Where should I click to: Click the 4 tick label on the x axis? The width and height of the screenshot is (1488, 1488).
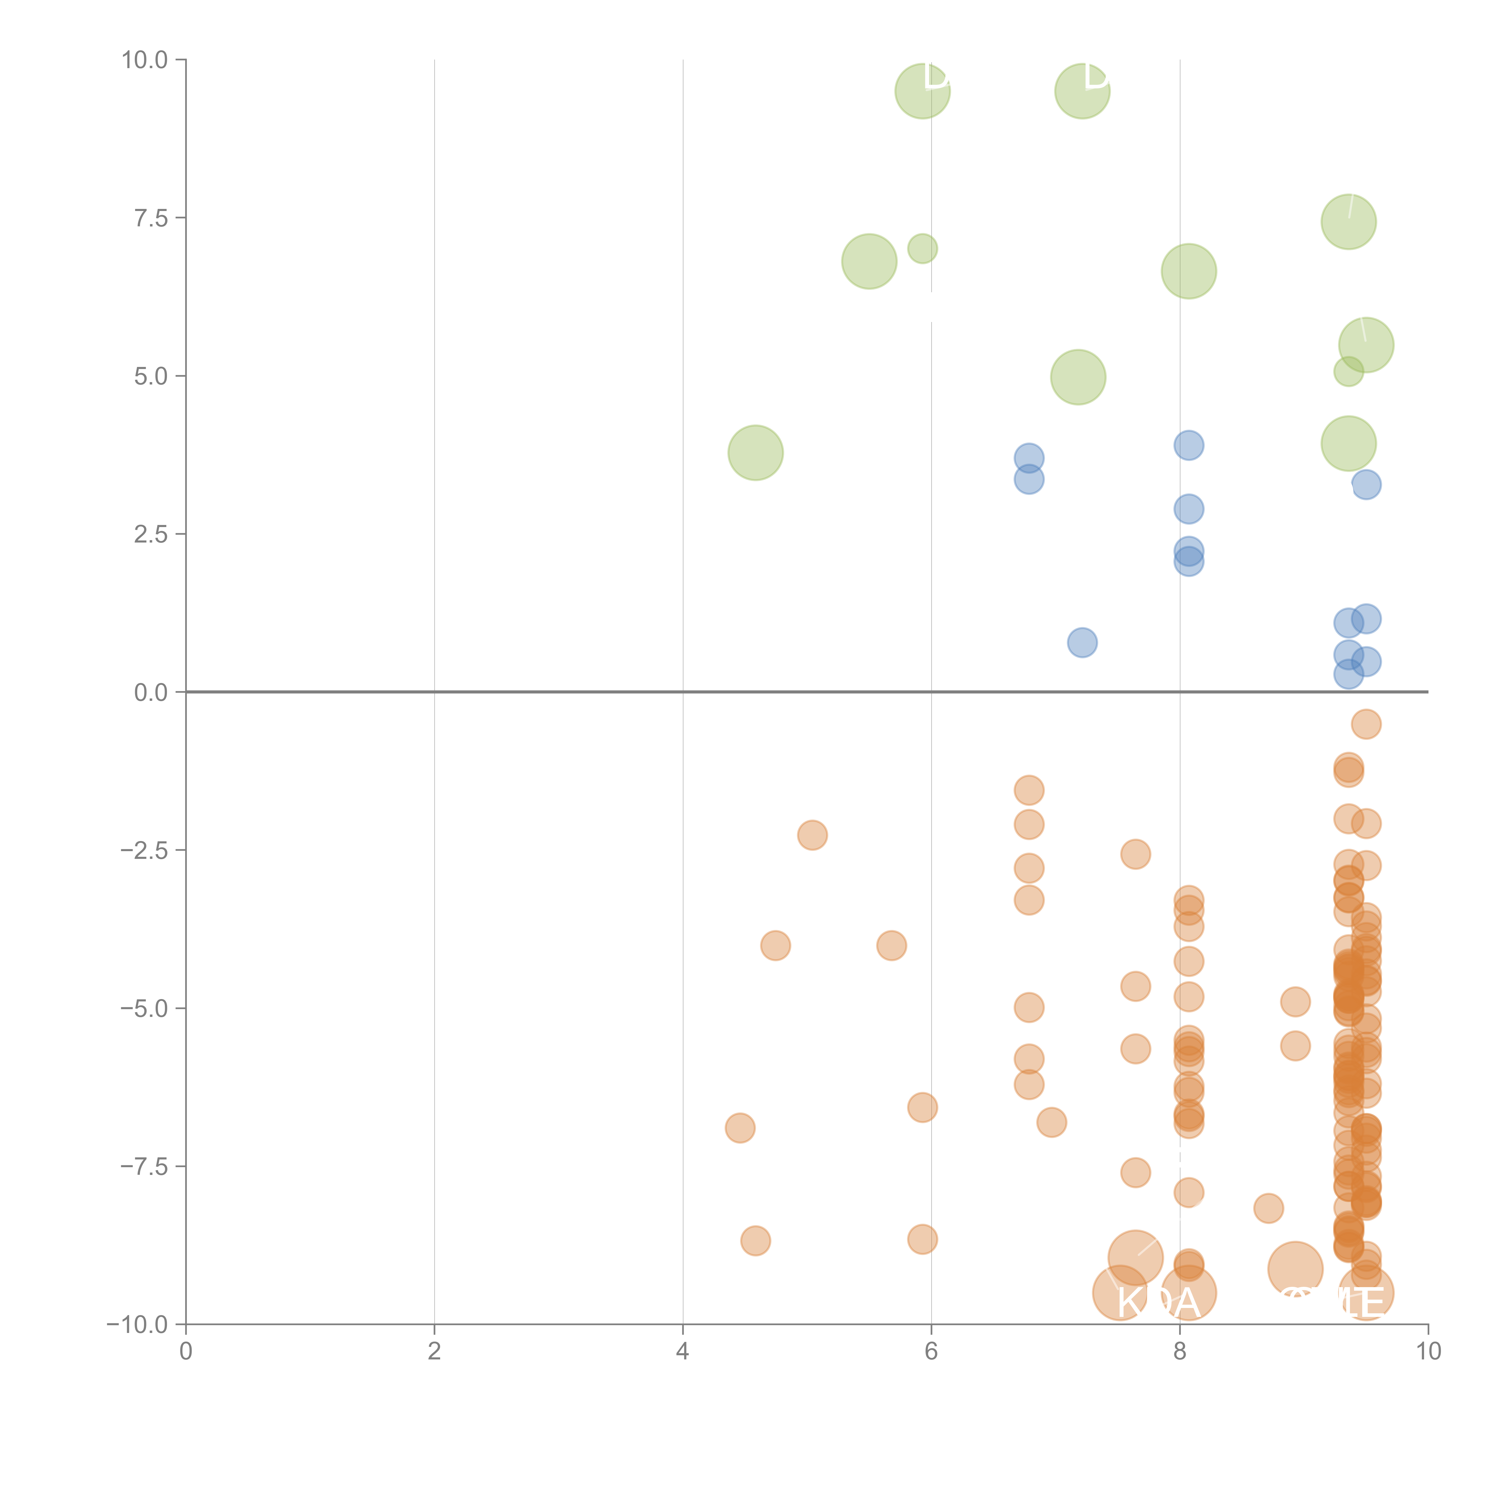[x=682, y=1352]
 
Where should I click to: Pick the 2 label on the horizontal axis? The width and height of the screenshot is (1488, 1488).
[x=434, y=1352]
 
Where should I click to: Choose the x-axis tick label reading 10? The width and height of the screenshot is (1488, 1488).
[x=1428, y=1352]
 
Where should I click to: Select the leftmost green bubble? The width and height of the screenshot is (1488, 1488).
[x=756, y=453]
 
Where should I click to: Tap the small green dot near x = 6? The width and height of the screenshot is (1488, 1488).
[x=922, y=249]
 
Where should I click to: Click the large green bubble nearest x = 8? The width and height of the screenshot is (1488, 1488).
[x=1188, y=271]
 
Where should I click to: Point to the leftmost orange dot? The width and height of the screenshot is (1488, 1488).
[x=739, y=1128]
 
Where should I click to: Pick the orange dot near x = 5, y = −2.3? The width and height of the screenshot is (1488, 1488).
[x=812, y=835]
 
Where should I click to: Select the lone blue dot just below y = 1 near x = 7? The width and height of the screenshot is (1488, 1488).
[x=1082, y=642]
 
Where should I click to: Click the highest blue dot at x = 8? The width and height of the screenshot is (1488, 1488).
[x=1188, y=445]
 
